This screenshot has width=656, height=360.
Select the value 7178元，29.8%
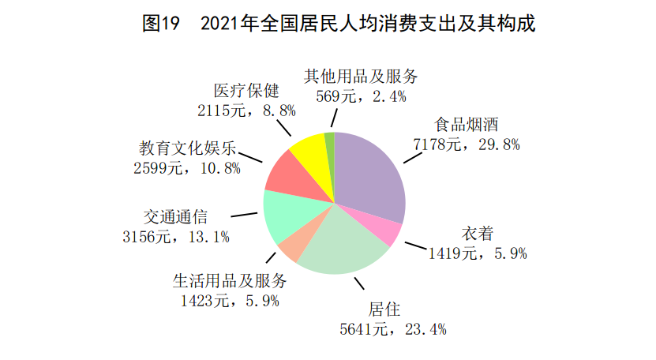(466, 144)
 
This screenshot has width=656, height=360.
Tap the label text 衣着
(477, 234)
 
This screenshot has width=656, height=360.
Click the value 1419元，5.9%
(477, 253)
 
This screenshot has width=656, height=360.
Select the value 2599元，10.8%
(187, 167)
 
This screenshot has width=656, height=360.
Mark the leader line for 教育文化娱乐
(252, 157)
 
